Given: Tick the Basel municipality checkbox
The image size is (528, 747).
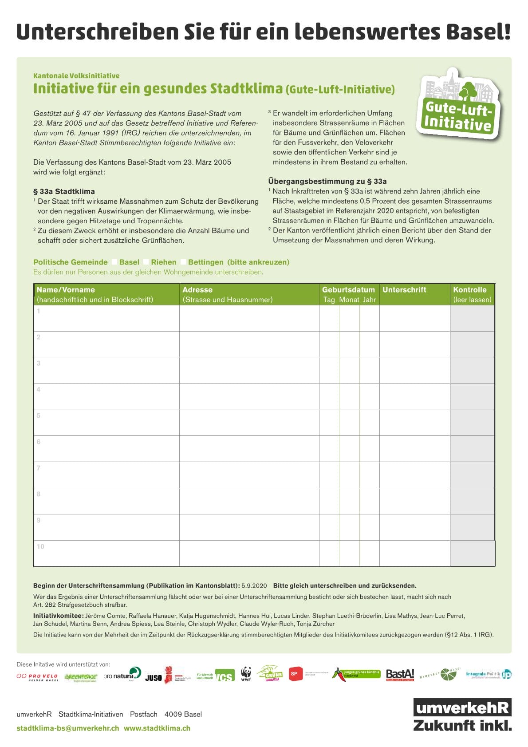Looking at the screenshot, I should coord(114,262).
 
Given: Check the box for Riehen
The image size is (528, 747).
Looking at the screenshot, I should coord(146,262).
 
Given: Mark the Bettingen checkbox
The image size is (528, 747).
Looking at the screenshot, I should coord(183,262).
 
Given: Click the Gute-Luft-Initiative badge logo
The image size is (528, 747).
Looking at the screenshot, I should coord(458,105).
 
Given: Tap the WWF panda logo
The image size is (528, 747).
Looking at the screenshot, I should coord(246,674).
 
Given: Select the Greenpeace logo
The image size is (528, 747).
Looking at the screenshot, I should coord(80,677).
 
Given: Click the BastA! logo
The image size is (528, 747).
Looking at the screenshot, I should coord(400,675).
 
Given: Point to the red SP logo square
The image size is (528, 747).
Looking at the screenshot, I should coord(294,674).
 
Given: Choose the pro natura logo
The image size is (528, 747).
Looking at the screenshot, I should coord(122,675).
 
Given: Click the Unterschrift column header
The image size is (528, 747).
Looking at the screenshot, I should coord(404,290).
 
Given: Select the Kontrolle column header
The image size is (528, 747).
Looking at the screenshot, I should coord(470,290).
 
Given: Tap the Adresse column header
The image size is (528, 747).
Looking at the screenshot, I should coord(197,290).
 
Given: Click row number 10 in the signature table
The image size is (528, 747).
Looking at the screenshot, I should coord(40,547).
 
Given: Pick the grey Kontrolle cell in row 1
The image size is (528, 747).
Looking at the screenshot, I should coord(472,318).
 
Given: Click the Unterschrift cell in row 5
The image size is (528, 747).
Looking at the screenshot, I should coord(414,423).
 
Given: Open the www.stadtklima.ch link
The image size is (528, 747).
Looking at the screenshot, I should coord(157,728).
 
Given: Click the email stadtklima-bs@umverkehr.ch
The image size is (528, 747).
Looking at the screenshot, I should coord(68,728).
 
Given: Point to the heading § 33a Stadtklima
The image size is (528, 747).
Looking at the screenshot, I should coord(64,192).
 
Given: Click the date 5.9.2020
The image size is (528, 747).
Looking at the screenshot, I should coord(254,586).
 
